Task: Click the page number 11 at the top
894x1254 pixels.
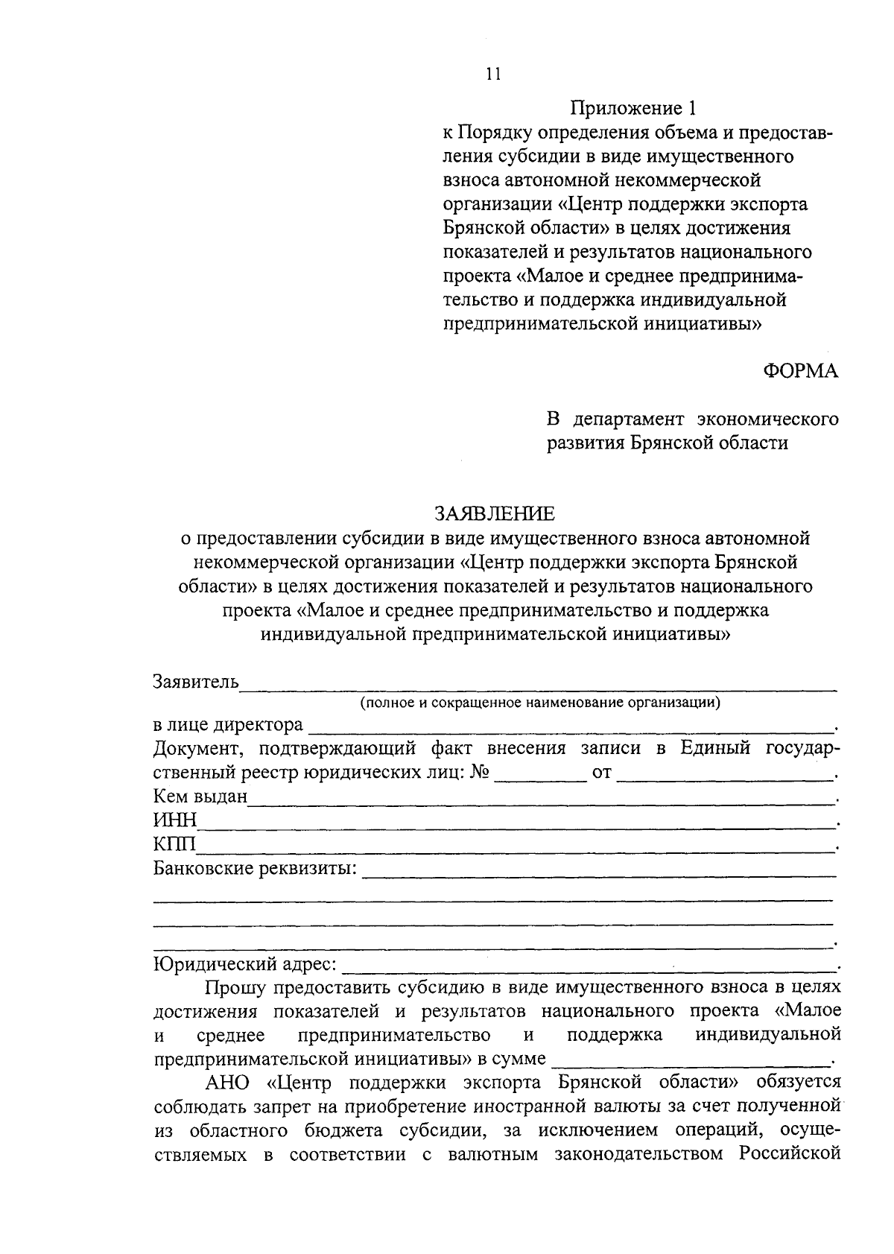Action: tap(493, 73)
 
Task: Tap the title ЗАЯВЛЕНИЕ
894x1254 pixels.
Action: tap(495, 513)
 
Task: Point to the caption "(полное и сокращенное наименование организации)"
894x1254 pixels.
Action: tap(540, 702)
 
